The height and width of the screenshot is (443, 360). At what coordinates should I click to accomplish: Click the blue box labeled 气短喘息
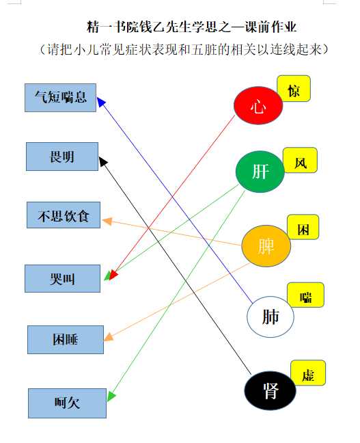tap(60, 98)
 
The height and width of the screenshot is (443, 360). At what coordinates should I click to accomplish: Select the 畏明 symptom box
tap(62, 157)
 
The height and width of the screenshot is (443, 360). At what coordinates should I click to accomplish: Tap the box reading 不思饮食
tap(64, 215)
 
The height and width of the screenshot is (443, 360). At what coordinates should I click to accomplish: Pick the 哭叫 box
tap(62, 278)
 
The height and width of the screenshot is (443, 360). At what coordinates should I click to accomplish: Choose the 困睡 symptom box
tap(66, 340)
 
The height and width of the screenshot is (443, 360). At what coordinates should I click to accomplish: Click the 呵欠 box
tap(67, 403)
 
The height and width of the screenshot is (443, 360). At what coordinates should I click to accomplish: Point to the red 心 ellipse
tap(258, 105)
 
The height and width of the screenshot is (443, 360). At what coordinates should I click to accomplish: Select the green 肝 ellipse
tap(260, 172)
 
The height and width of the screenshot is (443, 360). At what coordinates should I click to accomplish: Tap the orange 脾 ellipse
tap(266, 246)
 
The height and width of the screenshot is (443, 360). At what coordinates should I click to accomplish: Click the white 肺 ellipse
tap(271, 317)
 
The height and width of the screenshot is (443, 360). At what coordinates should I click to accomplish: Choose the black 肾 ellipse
tap(271, 391)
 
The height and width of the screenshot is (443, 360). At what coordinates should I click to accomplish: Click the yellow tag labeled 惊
tap(294, 88)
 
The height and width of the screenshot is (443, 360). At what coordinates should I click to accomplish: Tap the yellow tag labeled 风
tap(300, 160)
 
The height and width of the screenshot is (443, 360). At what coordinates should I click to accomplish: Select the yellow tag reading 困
tap(303, 227)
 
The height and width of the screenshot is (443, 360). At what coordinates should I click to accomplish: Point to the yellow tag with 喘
tap(305, 295)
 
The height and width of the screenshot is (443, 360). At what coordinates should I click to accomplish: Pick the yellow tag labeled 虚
tap(308, 373)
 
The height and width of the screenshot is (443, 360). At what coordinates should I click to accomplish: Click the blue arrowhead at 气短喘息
tap(101, 102)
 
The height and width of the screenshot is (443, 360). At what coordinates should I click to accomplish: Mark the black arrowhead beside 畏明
tap(102, 161)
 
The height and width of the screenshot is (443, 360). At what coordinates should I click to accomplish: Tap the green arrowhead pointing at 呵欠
tap(111, 397)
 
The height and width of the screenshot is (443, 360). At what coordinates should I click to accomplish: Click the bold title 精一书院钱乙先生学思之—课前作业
tap(191, 27)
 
